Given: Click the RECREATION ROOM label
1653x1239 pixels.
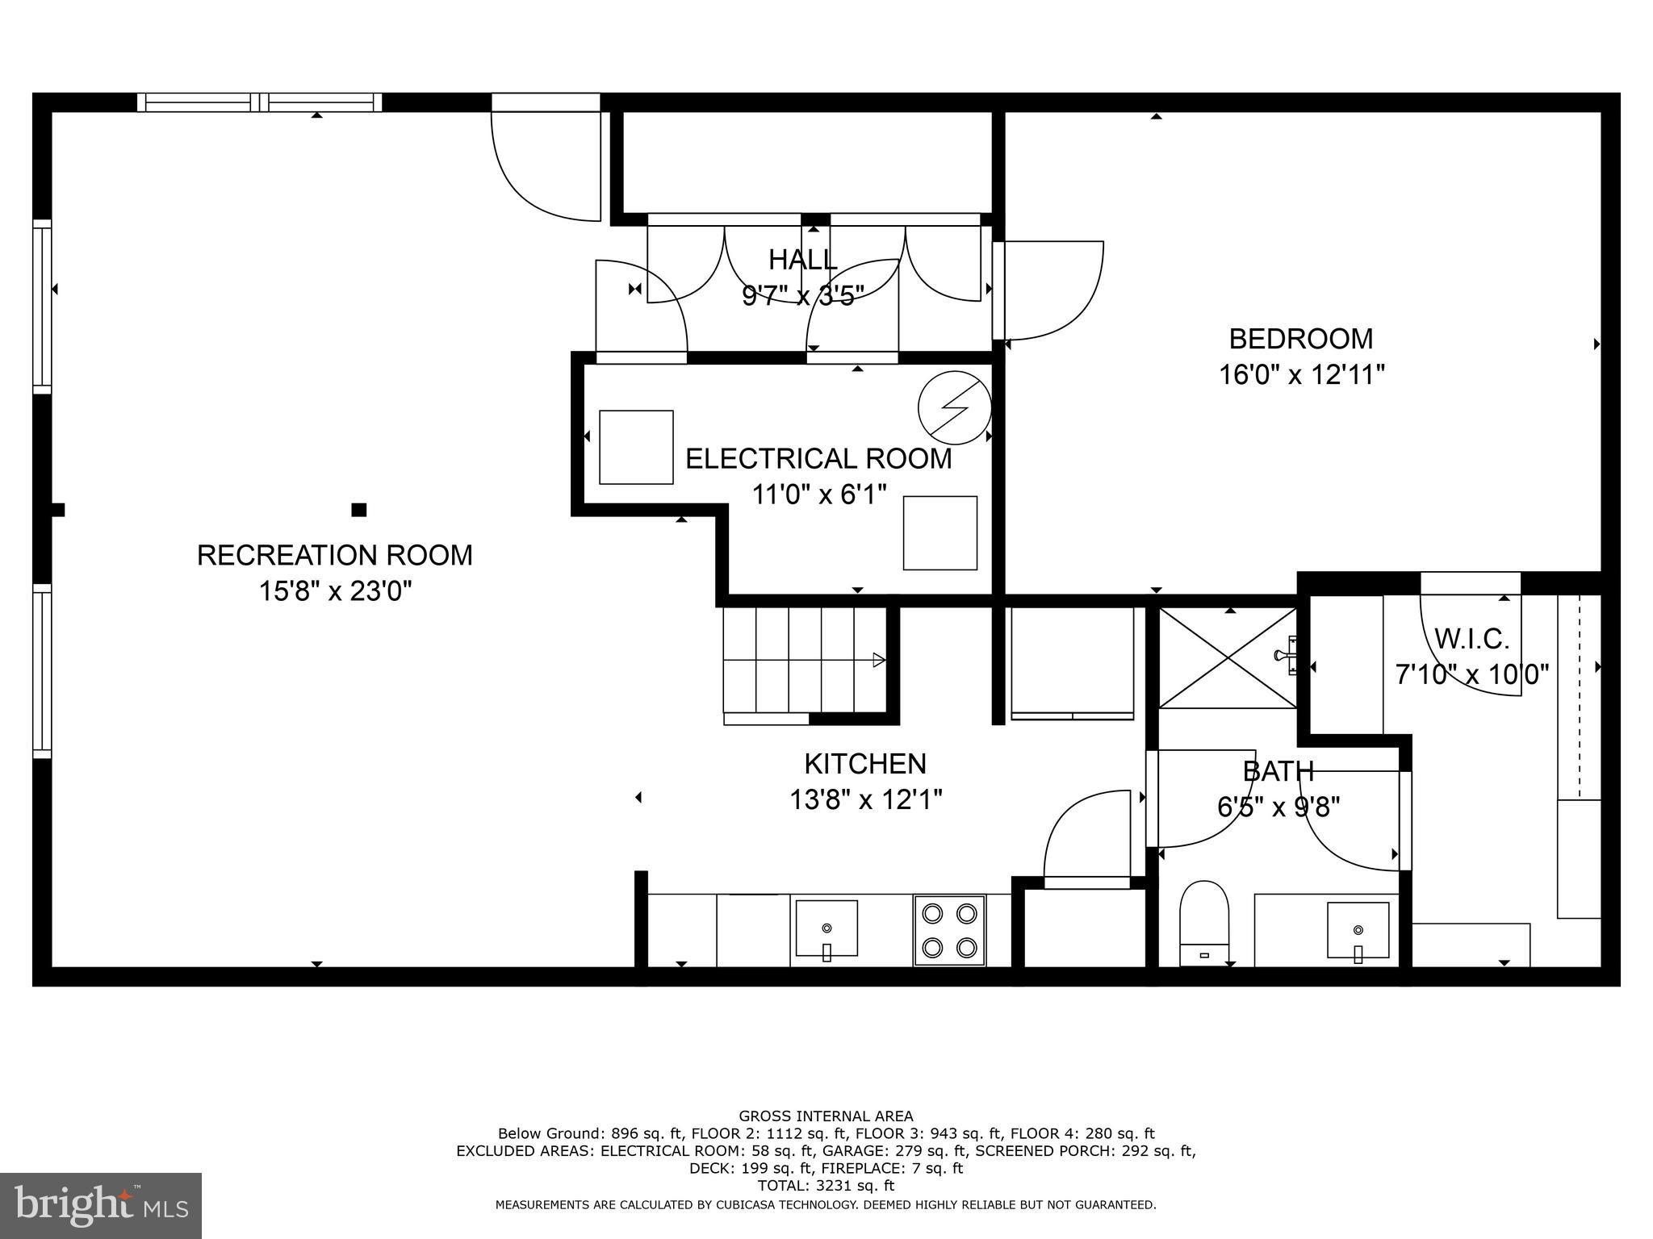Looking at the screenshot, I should point(334,555).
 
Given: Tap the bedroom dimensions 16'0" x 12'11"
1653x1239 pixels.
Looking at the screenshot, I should point(1301,375).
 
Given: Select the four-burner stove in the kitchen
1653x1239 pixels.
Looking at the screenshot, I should point(948,929).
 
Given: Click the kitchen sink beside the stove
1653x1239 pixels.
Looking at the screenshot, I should point(826,929).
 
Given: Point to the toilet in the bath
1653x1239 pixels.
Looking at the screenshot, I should point(1203,923).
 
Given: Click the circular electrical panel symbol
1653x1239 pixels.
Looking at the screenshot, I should point(954,407).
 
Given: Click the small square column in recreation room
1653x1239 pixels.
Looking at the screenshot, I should point(359,510).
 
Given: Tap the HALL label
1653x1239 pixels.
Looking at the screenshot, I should point(802,260).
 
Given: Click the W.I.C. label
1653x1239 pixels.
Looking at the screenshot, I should point(1471,639).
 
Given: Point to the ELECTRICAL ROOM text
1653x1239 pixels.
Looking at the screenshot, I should point(818,458).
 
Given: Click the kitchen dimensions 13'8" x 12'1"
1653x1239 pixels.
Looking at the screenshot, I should point(865,800).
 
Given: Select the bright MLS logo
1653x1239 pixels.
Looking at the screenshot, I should point(101,1205).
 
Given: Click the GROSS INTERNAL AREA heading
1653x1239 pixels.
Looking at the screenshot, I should point(826,1116).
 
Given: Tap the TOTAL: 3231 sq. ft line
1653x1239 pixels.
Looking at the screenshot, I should point(826,1186).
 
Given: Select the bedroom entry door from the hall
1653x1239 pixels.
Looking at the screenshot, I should point(1049,290).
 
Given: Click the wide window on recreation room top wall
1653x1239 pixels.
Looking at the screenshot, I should point(259,102).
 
